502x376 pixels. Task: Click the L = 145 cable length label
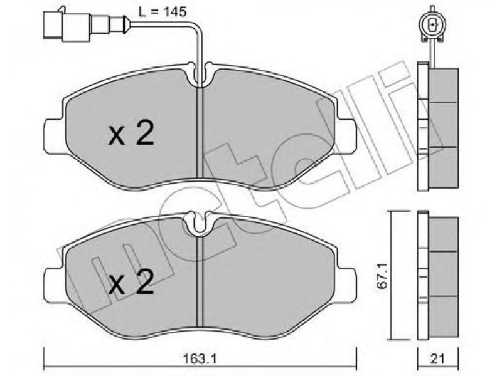[163, 12]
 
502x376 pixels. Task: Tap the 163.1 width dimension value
[200, 359]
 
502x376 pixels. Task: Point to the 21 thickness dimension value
[437, 359]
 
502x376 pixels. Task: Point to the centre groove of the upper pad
[200, 132]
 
